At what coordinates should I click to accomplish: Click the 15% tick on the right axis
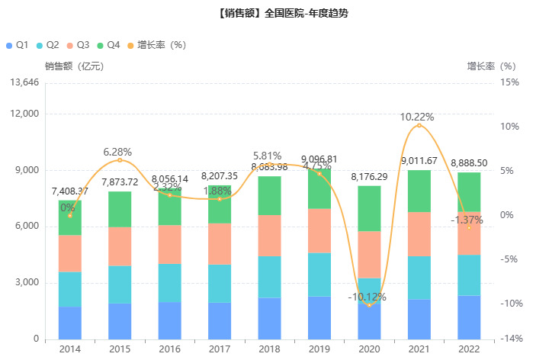click(x=510, y=82)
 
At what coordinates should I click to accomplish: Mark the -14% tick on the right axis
click(x=510, y=339)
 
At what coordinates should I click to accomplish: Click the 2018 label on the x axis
click(x=268, y=349)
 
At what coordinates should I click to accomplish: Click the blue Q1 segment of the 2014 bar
click(x=69, y=323)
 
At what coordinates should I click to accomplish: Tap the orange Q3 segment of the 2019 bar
click(x=318, y=230)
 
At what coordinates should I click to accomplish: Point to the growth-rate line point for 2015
click(x=120, y=160)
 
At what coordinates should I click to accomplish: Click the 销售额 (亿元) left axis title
click(x=74, y=66)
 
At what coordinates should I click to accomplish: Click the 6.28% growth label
click(x=118, y=152)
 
